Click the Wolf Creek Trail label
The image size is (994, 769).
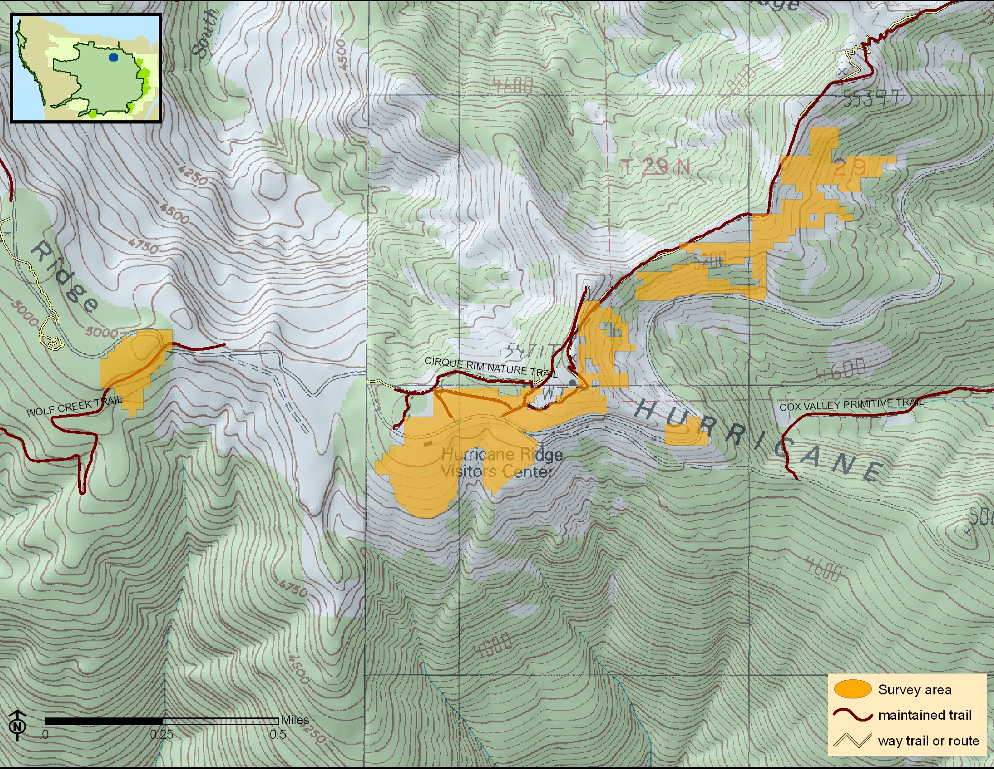(x=74, y=406)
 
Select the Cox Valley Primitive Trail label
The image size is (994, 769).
(x=852, y=404)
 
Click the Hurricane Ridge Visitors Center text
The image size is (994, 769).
(x=501, y=463)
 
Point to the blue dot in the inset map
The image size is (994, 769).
(x=113, y=57)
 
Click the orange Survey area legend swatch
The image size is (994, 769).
(x=853, y=689)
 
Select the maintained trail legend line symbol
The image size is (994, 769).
(x=853, y=714)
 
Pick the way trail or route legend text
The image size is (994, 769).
(x=928, y=741)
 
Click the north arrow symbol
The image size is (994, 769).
(x=17, y=724)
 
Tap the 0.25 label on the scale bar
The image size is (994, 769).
(x=162, y=734)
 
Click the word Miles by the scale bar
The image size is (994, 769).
(x=295, y=720)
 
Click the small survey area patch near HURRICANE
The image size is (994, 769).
(x=686, y=432)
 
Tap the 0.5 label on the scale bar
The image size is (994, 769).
(x=277, y=734)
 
